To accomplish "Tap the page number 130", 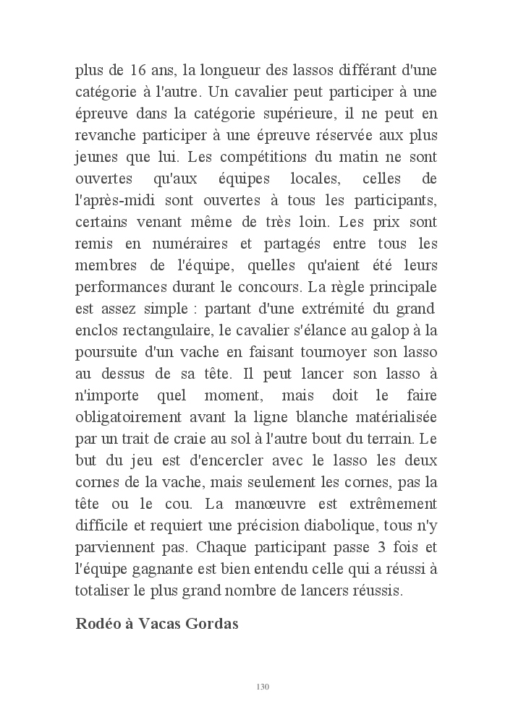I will [x=263, y=686].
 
